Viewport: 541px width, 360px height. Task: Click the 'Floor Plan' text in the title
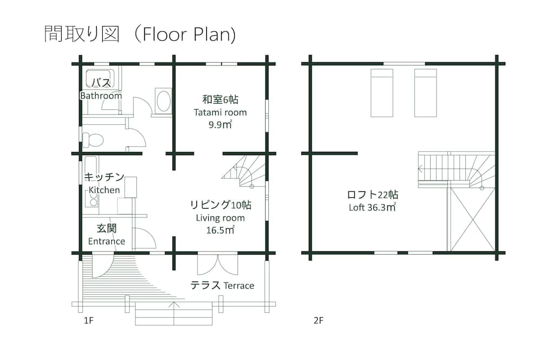tap(185, 34)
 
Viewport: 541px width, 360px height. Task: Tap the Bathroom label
tap(101, 96)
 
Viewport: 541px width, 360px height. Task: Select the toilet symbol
tap(93, 140)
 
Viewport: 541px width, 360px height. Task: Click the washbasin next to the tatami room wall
tap(162, 101)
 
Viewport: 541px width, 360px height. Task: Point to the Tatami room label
tap(220, 112)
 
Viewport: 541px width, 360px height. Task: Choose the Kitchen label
tap(104, 190)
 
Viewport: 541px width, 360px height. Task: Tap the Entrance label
tap(107, 241)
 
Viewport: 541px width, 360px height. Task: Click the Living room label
tap(220, 218)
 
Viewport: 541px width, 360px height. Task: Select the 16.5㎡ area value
tap(220, 230)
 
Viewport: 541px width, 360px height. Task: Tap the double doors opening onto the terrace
tap(217, 264)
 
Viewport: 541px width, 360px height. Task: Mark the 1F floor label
tap(89, 321)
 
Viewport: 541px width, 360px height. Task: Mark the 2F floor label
tap(318, 321)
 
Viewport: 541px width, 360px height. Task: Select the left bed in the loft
tap(382, 92)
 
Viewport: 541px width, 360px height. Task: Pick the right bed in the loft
tap(425, 92)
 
